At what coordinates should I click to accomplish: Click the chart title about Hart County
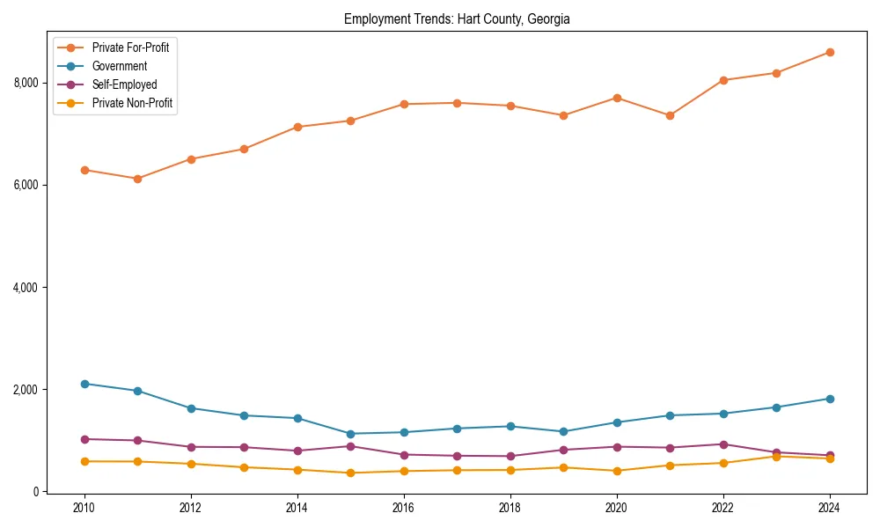point(457,18)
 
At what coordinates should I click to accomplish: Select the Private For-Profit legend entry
point(130,48)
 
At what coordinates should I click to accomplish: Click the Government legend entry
point(119,66)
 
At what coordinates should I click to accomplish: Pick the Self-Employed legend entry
point(124,84)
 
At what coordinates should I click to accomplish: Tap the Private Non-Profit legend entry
point(132,104)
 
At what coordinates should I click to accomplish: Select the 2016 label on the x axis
point(404,508)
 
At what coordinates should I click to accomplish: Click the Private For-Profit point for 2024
point(830,52)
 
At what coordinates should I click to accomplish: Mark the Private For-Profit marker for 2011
point(137,179)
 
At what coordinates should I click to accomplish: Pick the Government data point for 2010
point(84,384)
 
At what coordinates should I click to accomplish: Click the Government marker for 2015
point(350,434)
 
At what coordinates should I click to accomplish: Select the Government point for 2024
point(830,399)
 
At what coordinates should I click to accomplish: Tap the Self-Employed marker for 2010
point(84,439)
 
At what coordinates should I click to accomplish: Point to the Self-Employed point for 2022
point(723,444)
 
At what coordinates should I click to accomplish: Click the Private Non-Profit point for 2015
point(350,473)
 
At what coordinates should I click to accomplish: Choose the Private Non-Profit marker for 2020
point(617,471)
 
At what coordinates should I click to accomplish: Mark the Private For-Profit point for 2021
point(670,115)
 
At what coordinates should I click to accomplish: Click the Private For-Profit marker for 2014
point(297,127)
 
